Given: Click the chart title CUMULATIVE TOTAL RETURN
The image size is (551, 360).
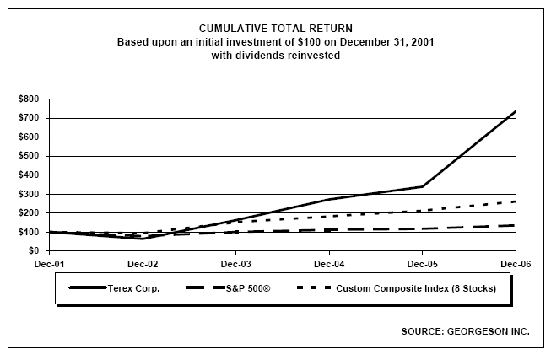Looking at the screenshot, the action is pyautogui.click(x=275, y=29).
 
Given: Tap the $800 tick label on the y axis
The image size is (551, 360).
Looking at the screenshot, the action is pyautogui.click(x=29, y=99).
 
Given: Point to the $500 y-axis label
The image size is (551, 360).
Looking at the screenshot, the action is pyautogui.click(x=29, y=156).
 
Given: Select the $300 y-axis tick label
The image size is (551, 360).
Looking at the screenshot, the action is pyautogui.click(x=29, y=194).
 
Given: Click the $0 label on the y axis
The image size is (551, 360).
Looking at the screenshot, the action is pyautogui.click(x=34, y=250).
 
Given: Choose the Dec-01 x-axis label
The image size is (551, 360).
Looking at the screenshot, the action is pyautogui.click(x=49, y=264).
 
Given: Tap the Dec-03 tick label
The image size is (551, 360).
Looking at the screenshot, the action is pyautogui.click(x=235, y=264).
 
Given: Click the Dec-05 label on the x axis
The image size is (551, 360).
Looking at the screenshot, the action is pyautogui.click(x=423, y=264).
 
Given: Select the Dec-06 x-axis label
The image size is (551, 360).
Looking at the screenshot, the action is pyautogui.click(x=516, y=264).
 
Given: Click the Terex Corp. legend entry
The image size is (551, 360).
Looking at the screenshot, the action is pyautogui.click(x=115, y=288).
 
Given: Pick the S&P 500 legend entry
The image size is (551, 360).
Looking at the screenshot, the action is pyautogui.click(x=229, y=288).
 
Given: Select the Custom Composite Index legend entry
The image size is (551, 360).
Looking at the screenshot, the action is pyautogui.click(x=397, y=288).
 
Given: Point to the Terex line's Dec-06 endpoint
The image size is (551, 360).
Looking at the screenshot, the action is pyautogui.click(x=516, y=111).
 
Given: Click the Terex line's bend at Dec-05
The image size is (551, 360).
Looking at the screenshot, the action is pyautogui.click(x=423, y=186).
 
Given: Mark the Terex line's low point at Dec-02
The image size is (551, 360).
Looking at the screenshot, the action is pyautogui.click(x=143, y=239).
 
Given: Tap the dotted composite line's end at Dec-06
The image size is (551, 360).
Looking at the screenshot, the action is pyautogui.click(x=516, y=201).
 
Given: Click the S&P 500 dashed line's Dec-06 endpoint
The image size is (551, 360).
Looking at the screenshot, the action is pyautogui.click(x=516, y=225).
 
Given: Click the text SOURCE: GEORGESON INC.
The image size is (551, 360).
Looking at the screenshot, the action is pyautogui.click(x=465, y=331).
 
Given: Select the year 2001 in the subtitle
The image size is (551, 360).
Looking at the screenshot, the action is pyautogui.click(x=423, y=42).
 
